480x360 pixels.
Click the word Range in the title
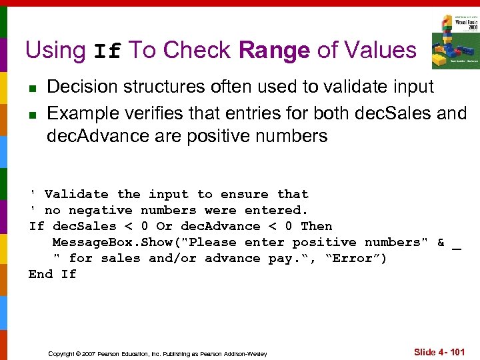pos(274,50)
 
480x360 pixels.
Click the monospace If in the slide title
pos(107,51)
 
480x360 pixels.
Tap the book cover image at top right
pos(455,41)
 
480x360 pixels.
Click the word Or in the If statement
pos(164,226)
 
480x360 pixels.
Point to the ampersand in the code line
pos(441,242)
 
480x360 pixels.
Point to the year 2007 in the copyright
pos(87,353)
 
